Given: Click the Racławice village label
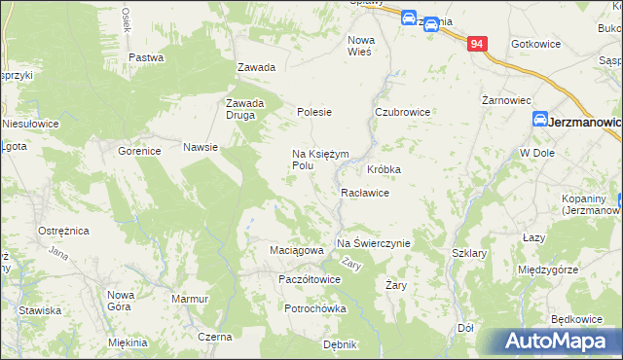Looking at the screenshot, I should click(365, 193).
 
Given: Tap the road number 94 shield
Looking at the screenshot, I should click(476, 45).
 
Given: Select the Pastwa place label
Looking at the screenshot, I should click(145, 57).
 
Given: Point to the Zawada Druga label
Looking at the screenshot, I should click(245, 109).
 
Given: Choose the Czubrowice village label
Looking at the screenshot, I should click(403, 112).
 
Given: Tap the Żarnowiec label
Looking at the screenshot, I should click(505, 100).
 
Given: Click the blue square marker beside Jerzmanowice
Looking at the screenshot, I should click(538, 120).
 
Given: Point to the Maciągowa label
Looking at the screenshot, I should click(296, 250).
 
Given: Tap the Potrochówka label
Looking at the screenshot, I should click(314, 308).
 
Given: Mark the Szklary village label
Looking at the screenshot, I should click(469, 253).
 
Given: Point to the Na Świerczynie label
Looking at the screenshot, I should click(374, 243).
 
